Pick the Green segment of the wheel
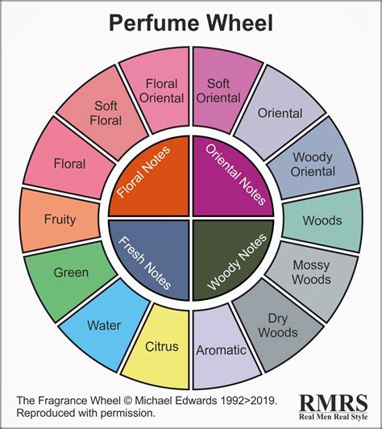[71, 273]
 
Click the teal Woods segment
[321, 220]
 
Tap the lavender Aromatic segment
[220, 351]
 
